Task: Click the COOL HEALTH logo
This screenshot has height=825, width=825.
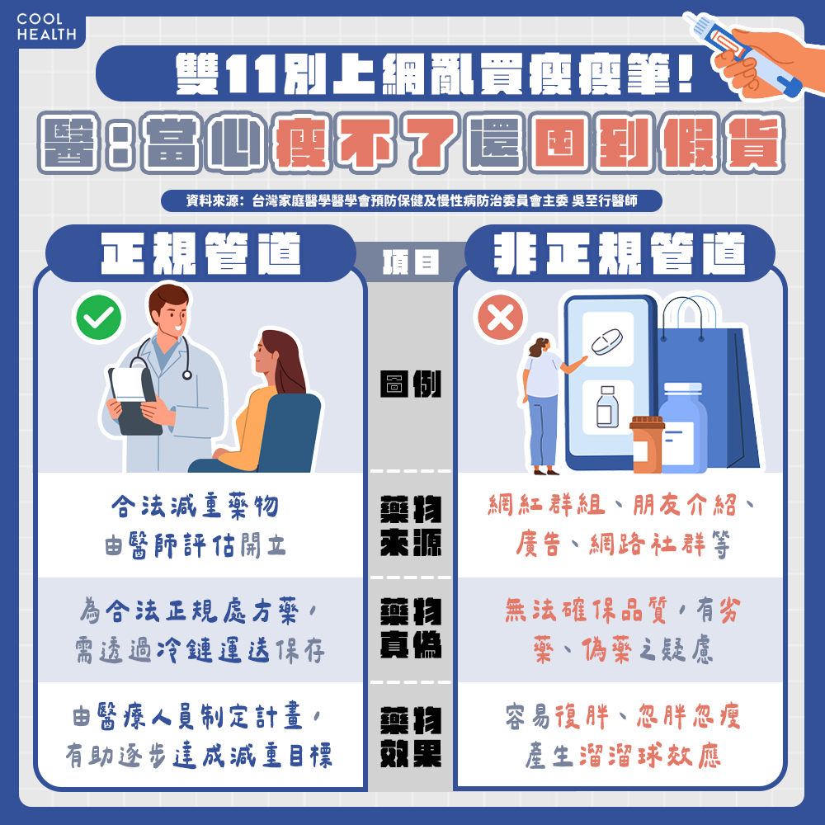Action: pos(46,27)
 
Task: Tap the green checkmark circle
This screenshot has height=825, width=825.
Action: pos(98,318)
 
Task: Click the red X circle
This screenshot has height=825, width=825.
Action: pos(501,318)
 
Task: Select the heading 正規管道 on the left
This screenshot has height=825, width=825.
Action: pos(200,253)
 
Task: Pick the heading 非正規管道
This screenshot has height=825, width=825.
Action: pos(620,253)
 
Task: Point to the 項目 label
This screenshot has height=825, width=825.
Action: pos(410,262)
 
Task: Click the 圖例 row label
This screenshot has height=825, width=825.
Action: pos(410,384)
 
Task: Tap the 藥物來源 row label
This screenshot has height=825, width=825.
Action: pos(410,526)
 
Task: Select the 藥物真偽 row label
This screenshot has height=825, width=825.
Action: pos(410,628)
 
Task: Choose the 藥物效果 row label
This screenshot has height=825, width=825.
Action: pos(410,737)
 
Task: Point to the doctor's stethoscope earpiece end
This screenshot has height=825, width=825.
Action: pos(186,375)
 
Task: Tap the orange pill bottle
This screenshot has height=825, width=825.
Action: pos(647,445)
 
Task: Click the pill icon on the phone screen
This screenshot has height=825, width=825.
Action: pos(607,342)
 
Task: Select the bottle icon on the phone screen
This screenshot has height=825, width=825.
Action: pos(607,407)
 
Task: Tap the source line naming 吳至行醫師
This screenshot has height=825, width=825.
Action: pos(412,200)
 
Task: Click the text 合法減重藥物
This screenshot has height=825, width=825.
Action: pos(195,507)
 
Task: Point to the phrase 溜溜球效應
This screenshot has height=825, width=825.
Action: pos(649,756)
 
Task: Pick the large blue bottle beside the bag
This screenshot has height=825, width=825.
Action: pos(682,427)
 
